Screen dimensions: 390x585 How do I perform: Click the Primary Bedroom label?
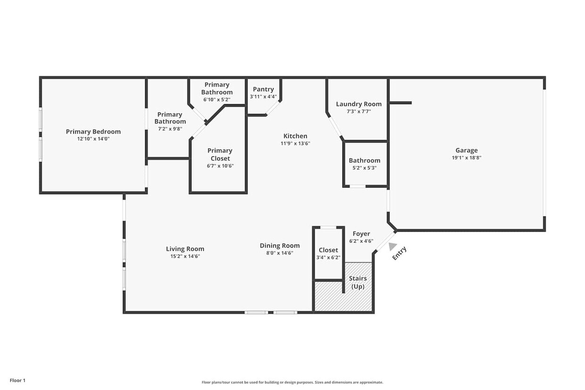pyautogui.click(x=93, y=132)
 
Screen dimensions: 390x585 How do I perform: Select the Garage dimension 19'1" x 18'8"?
pyautogui.click(x=466, y=158)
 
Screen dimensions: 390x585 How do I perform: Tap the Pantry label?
pyautogui.click(x=263, y=89)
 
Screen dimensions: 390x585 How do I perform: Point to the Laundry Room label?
pyautogui.click(x=359, y=104)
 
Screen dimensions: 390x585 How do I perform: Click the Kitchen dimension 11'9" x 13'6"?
pyautogui.click(x=295, y=143)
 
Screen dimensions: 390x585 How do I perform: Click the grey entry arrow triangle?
pyautogui.click(x=393, y=246)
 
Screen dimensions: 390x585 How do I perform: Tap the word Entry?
pyautogui.click(x=399, y=253)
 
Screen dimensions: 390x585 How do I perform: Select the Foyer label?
pyautogui.click(x=361, y=233)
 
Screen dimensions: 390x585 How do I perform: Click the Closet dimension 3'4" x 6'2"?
pyautogui.click(x=328, y=257)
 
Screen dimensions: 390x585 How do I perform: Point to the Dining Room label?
pyautogui.click(x=280, y=245)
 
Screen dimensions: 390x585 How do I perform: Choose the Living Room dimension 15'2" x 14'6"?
pyautogui.click(x=185, y=256)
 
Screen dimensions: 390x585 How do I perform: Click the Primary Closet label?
pyautogui.click(x=220, y=154)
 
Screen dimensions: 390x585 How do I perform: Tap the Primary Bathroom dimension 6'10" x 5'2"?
pyautogui.click(x=217, y=100)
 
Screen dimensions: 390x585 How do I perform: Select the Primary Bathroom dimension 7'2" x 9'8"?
pyautogui.click(x=170, y=129)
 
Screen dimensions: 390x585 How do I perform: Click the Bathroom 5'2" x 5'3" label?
pyautogui.click(x=365, y=160)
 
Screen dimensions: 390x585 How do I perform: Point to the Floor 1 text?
pyautogui.click(x=17, y=380)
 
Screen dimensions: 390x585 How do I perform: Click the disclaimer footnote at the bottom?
pyautogui.click(x=292, y=382)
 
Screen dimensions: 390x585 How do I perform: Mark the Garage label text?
pyautogui.click(x=466, y=150)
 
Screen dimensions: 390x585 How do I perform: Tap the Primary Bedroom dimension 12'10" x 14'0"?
pyautogui.click(x=93, y=139)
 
